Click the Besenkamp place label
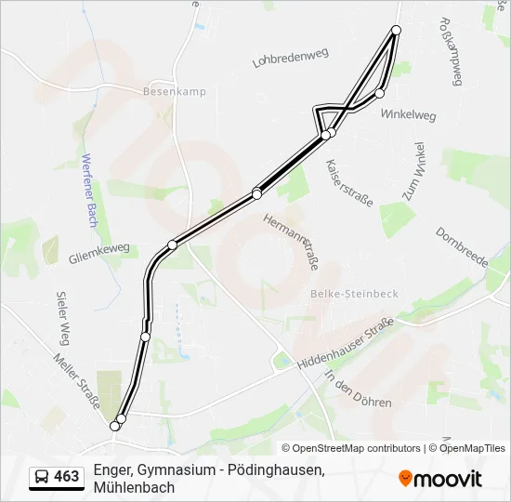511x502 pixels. [175, 91]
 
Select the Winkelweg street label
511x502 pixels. [408, 115]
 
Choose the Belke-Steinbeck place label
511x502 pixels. [353, 294]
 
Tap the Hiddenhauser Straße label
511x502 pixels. [346, 346]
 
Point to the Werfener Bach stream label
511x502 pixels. [90, 191]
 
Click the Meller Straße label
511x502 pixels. [76, 381]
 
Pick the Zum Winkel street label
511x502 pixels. [413, 172]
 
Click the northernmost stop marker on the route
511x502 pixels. [397, 31]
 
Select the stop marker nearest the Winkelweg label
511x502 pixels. [379, 93]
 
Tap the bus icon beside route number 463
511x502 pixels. [42, 477]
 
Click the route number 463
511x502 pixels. [67, 477]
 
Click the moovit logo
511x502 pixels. [440, 479]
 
